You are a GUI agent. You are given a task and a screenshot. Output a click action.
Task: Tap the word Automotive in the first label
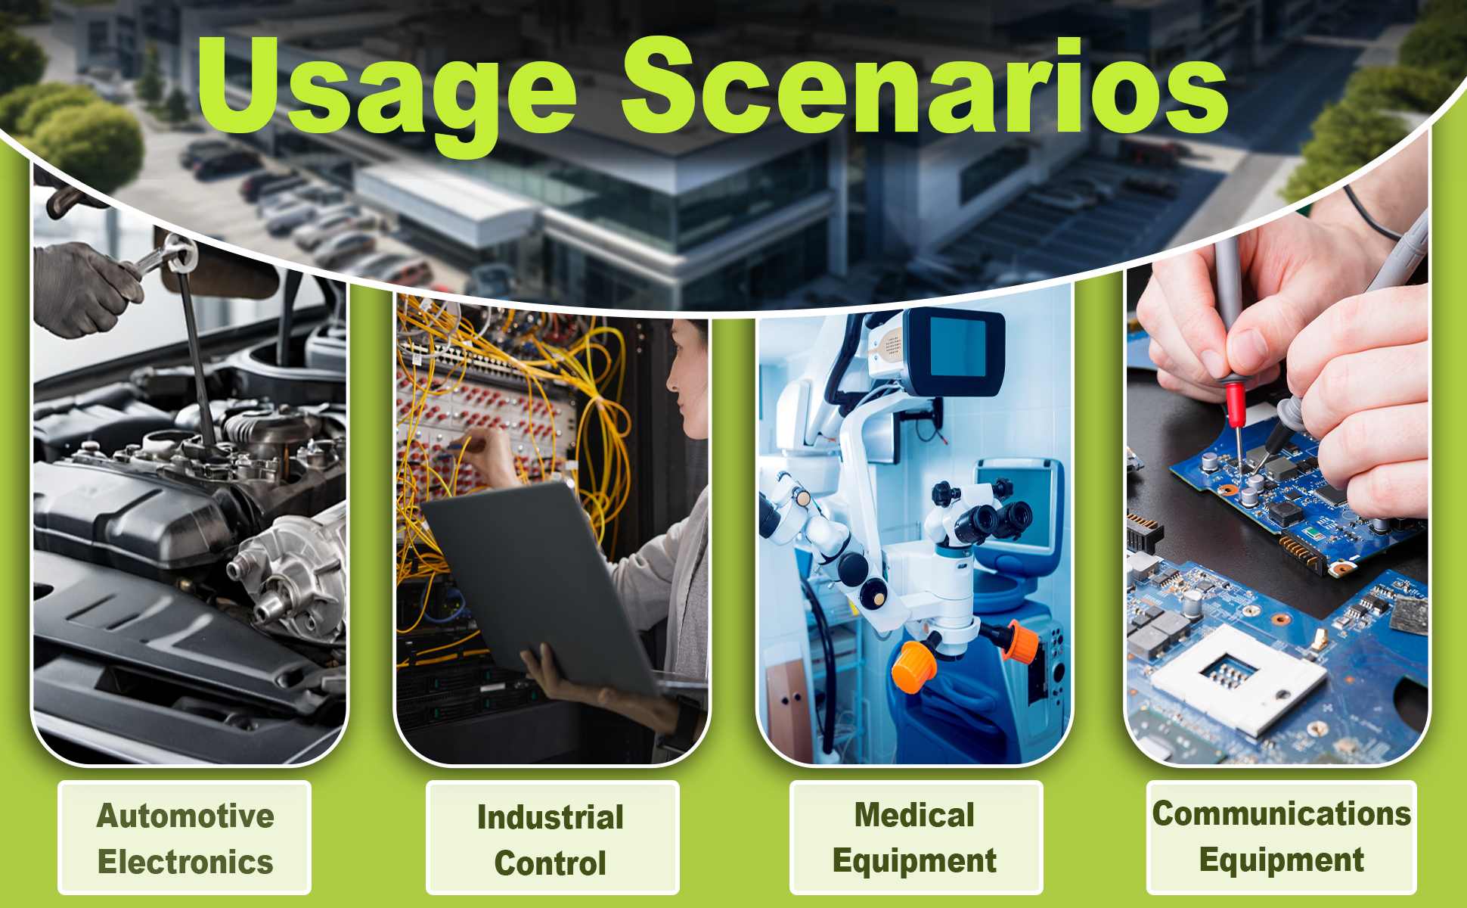pyautogui.click(x=185, y=816)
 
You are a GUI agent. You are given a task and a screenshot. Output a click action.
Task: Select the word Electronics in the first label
pyautogui.click(x=185, y=862)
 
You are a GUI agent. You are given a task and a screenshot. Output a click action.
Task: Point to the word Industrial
pyautogui.click(x=551, y=817)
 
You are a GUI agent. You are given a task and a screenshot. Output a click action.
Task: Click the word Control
pyautogui.click(x=551, y=863)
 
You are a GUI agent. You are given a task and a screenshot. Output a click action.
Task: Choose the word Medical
pyautogui.click(x=914, y=815)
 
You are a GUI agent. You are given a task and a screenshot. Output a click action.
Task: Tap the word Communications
pyautogui.click(x=1281, y=813)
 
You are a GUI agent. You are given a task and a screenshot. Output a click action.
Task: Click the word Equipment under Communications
pyautogui.click(x=1281, y=860)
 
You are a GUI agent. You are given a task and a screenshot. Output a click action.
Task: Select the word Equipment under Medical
pyautogui.click(x=914, y=861)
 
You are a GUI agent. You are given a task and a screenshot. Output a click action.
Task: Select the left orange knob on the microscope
pyautogui.click(x=914, y=666)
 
